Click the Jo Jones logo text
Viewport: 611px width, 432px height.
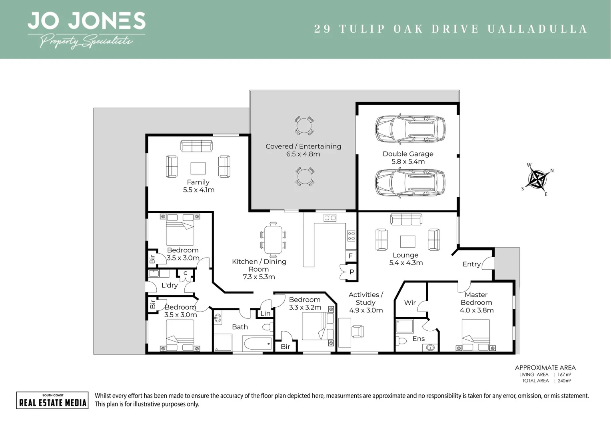click(x=86, y=21)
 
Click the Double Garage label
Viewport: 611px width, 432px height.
click(x=408, y=154)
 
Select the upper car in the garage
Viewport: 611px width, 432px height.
click(x=410, y=129)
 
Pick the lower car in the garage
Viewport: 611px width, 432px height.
click(x=410, y=182)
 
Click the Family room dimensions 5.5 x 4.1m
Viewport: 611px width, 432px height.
click(x=199, y=190)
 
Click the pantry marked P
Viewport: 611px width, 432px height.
click(x=351, y=272)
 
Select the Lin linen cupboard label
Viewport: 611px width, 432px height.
click(x=266, y=314)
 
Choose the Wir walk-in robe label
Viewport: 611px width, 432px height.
click(x=410, y=303)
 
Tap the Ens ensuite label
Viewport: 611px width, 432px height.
click(x=419, y=339)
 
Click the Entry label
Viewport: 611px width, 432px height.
click(x=471, y=264)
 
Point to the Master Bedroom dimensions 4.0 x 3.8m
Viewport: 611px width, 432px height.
click(x=477, y=310)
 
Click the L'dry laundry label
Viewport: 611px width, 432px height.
click(x=170, y=285)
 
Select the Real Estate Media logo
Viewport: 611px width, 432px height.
click(x=52, y=400)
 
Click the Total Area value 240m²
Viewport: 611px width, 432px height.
click(x=564, y=381)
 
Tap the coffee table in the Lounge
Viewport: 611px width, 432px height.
click(x=407, y=242)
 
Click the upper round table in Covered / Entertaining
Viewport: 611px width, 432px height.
click(x=304, y=126)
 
